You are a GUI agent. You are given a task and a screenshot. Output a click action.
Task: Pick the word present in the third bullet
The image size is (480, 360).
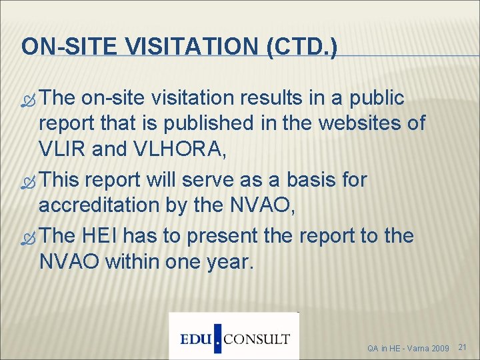point(219,236)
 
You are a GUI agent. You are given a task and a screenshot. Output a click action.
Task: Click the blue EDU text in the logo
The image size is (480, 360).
point(197,338)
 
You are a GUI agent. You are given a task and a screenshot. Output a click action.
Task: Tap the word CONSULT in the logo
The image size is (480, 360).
point(256,339)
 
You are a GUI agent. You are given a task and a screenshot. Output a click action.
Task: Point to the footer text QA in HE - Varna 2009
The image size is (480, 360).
point(408,348)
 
